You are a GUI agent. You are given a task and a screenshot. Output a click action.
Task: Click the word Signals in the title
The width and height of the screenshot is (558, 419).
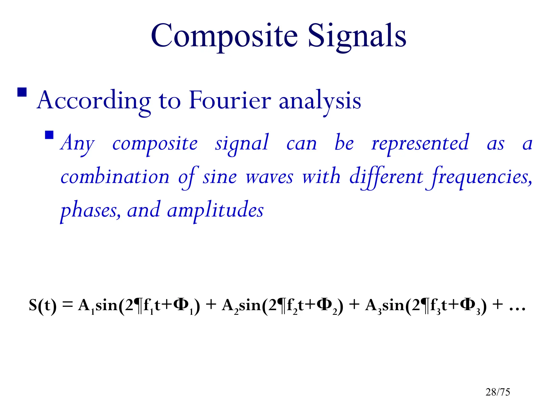[x=357, y=36]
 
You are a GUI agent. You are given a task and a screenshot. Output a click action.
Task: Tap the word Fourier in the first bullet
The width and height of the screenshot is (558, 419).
[x=230, y=100]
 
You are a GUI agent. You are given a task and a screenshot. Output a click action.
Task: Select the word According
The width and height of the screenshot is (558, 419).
[x=94, y=100]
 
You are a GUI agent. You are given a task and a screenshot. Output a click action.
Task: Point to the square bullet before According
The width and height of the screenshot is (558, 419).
[x=22, y=92]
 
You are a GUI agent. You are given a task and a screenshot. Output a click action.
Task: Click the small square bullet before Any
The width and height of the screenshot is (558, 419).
[x=49, y=135]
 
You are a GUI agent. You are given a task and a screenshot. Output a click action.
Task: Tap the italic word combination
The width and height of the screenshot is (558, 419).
[x=115, y=177]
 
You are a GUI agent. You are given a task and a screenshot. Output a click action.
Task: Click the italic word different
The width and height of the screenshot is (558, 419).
[x=386, y=177]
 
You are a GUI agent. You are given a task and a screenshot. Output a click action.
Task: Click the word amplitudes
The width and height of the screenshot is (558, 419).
[x=215, y=210]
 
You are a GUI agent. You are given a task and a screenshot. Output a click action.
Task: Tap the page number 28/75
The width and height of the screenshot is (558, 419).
[x=498, y=392]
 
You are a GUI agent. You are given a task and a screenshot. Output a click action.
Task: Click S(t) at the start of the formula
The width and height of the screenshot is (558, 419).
[x=43, y=305]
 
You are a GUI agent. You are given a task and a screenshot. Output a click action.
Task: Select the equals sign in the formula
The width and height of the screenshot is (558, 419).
[x=68, y=305]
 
